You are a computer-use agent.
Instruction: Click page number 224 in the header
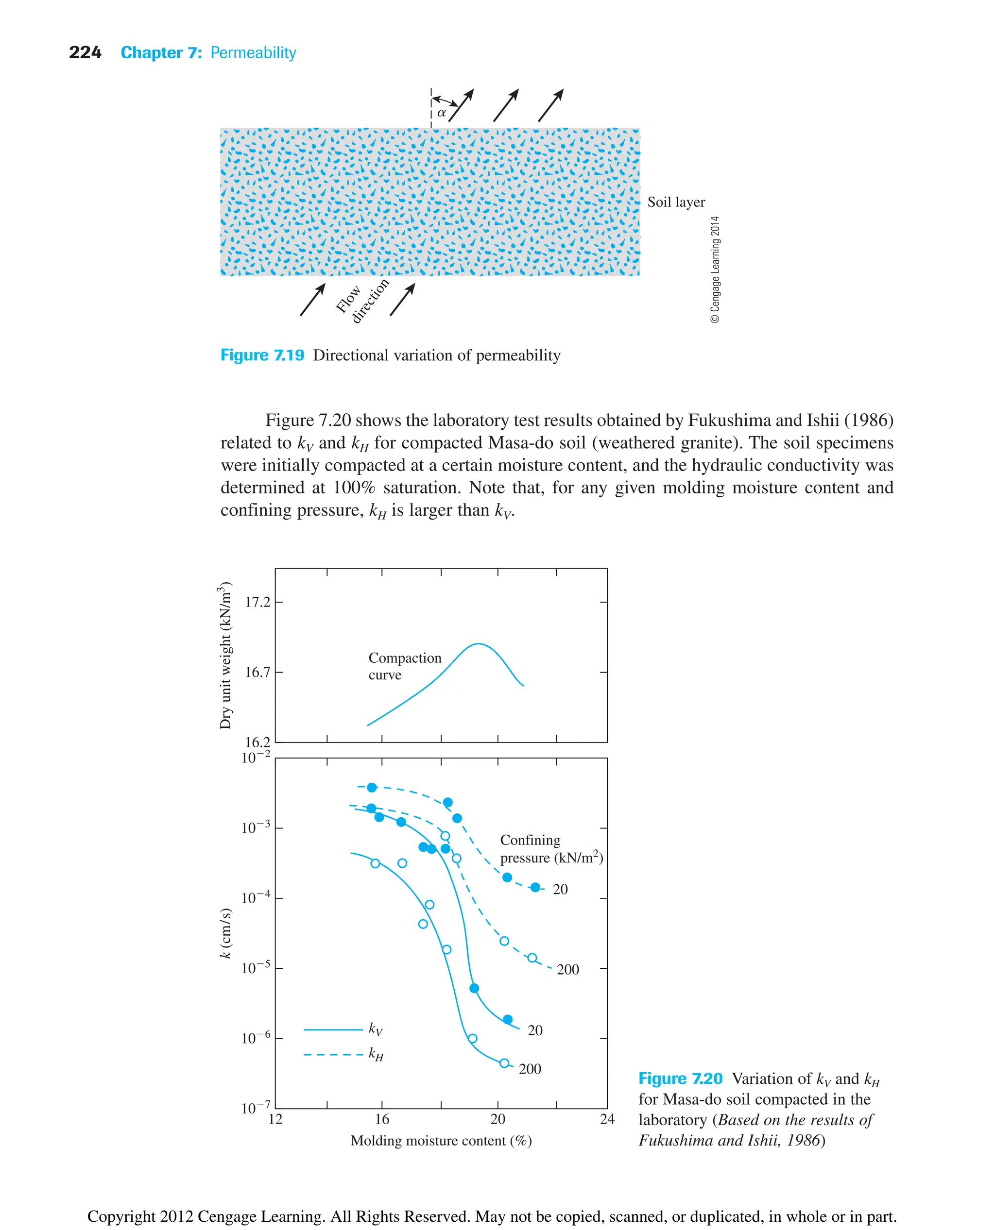point(85,53)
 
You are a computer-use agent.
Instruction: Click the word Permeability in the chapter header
point(253,53)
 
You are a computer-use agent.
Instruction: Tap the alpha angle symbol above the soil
point(441,113)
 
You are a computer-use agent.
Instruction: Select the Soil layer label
point(676,202)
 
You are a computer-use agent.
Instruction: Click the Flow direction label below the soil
point(361,303)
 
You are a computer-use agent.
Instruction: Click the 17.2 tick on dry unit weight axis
point(257,602)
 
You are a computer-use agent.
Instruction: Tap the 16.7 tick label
point(257,672)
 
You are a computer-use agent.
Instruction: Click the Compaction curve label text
point(404,666)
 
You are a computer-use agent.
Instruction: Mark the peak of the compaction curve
point(478,644)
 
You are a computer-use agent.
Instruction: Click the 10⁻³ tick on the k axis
point(256,827)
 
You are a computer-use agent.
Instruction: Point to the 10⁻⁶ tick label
point(256,1038)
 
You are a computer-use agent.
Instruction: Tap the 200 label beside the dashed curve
point(567,969)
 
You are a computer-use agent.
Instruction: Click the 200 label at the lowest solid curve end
point(530,1069)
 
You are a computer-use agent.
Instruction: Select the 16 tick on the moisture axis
point(382,1119)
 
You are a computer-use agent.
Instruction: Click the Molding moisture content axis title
point(441,1141)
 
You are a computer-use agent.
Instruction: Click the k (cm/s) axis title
point(226,933)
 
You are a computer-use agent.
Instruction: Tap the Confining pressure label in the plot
point(551,848)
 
